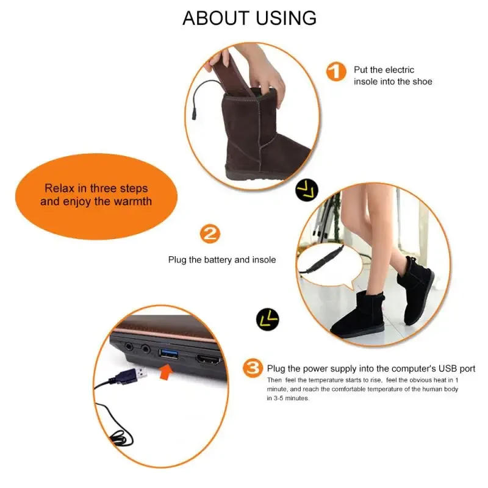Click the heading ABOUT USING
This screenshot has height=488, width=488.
coord(249,18)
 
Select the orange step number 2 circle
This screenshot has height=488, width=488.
coord(210,234)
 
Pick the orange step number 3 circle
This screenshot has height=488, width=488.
coord(253,368)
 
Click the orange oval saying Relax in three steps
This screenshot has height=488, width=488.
coord(96,195)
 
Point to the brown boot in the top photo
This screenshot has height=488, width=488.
coord(262,140)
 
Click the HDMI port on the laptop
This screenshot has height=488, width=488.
coord(208,358)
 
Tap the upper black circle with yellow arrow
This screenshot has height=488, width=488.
coord(307,191)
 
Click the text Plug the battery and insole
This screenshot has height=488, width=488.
coord(222,260)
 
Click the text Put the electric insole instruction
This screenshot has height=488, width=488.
coord(393,76)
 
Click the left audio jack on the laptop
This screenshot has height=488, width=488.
coord(129,346)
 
